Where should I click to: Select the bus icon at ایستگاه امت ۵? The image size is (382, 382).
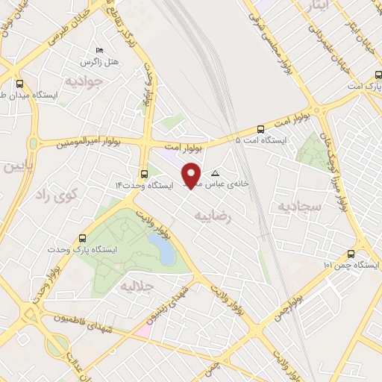(x=260, y=129)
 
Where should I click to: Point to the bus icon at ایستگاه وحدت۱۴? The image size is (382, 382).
(x=144, y=172)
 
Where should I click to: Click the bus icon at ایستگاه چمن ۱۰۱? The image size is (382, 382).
(x=351, y=254)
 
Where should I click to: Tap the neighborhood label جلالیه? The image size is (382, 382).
(x=137, y=286)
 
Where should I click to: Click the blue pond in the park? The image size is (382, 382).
(x=162, y=250)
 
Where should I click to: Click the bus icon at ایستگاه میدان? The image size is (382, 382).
(x=19, y=84)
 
